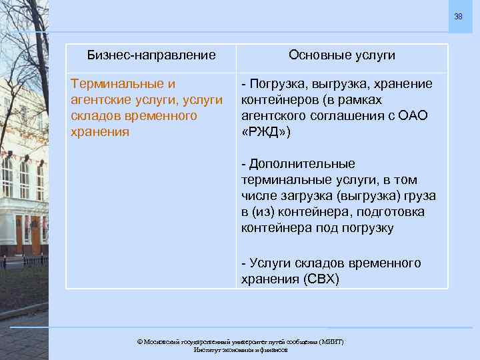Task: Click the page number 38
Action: [x=458, y=16]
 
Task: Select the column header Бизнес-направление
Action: [x=151, y=55]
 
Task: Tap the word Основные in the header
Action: [x=315, y=55]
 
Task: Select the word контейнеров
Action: [x=277, y=100]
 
